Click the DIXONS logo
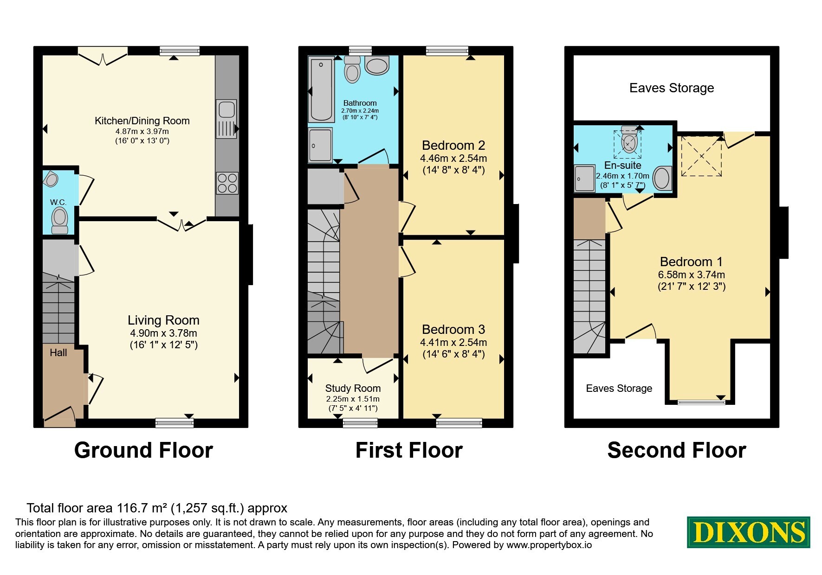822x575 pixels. pos(748,532)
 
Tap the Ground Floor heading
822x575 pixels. pos(143,450)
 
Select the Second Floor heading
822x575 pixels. pos(677,450)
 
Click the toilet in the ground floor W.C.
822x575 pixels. pos(59,220)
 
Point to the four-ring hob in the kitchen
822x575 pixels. pos(227,183)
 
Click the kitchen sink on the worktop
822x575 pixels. pos(227,119)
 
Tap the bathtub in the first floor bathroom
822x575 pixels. pos(321,89)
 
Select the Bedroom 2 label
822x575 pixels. pos(453,145)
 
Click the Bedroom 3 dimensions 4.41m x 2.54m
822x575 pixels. pos(453,342)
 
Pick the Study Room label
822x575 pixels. pos(353,388)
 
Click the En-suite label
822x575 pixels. pos(623,165)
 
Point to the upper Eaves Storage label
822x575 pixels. pos(672,88)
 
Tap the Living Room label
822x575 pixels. pos(163,320)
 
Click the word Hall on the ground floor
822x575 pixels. pos(58,352)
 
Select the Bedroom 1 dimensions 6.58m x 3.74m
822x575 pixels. pos(692,275)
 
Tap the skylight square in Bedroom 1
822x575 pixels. pos(701,156)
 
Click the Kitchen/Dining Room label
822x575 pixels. pos(142,121)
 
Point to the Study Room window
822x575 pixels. pos(360,422)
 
